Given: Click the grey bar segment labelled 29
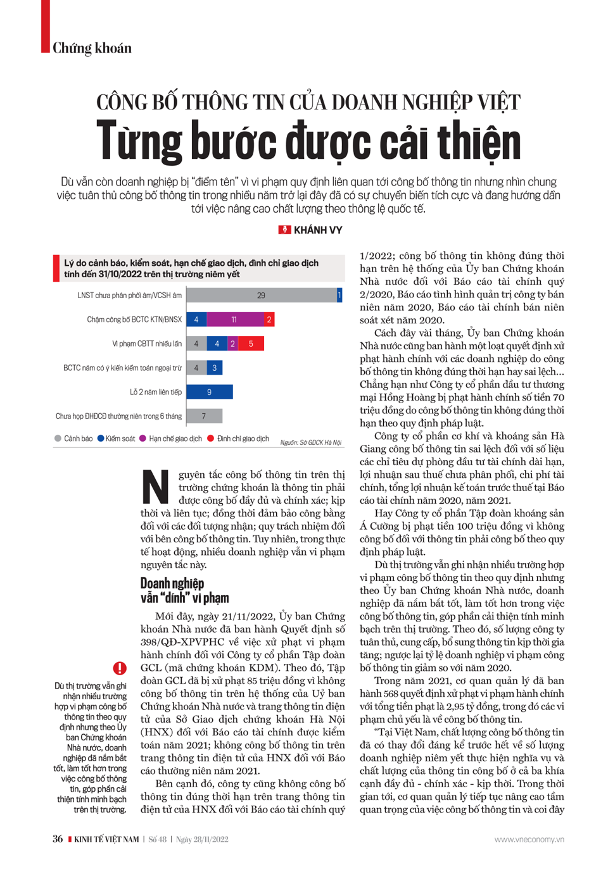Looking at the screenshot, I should (261, 296).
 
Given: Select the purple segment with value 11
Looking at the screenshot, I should (234, 320).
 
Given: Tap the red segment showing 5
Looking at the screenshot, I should (251, 344).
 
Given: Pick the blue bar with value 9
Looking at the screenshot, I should (210, 392).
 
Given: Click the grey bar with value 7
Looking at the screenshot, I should (204, 416).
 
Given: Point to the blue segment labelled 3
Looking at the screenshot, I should (215, 368).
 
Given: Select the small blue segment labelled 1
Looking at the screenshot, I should (339, 296).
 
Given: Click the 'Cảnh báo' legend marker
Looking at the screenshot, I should (58, 439).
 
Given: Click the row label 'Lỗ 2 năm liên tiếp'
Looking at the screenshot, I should (156, 392).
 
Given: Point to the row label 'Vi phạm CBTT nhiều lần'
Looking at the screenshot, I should (147, 344).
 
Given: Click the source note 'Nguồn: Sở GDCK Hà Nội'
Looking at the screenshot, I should (310, 442).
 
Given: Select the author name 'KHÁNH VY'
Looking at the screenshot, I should (317, 230).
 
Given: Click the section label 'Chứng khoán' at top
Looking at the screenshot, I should (92, 48).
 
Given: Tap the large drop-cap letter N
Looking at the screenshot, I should (155, 487).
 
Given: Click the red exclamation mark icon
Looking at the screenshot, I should (120, 668).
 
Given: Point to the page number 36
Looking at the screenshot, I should (58, 839).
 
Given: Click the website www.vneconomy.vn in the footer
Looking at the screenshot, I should (529, 840).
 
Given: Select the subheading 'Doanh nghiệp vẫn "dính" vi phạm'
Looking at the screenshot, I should (184, 590).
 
